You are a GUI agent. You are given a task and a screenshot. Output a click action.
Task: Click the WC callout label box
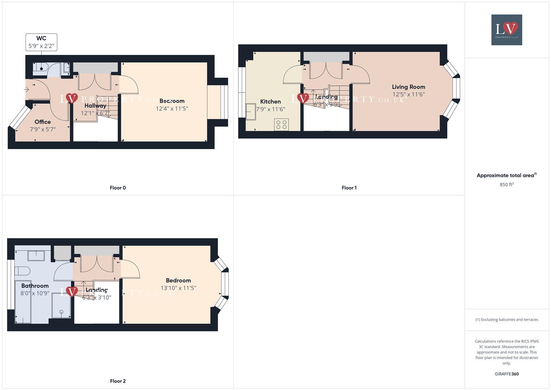click(x=41, y=42)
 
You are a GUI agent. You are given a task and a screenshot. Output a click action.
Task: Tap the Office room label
click(x=43, y=122)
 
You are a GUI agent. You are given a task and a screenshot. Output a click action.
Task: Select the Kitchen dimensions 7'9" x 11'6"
click(x=271, y=109)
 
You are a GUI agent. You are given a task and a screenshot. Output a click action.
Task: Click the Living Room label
click(x=408, y=87)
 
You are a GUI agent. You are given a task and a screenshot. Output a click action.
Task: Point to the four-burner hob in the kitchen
click(x=281, y=125)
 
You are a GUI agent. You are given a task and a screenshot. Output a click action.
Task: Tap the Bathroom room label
click(x=35, y=286)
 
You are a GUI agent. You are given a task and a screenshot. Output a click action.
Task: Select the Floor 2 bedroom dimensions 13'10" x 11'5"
click(x=178, y=288)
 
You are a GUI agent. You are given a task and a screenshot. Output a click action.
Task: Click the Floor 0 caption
click(x=118, y=188)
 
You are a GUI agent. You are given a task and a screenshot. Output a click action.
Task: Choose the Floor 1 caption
click(x=349, y=188)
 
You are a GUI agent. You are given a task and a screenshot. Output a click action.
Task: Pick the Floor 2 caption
click(x=118, y=381)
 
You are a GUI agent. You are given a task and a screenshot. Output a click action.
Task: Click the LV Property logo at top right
click(x=507, y=30)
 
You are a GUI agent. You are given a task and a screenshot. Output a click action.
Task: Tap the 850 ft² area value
click(x=507, y=185)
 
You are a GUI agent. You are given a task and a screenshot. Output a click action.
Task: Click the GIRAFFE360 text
click(x=507, y=374)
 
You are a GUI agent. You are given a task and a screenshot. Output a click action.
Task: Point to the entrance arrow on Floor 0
click(x=26, y=89)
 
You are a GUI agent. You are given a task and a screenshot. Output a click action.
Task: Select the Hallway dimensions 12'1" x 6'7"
click(x=95, y=113)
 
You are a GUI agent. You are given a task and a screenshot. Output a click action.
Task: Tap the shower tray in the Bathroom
click(x=61, y=305)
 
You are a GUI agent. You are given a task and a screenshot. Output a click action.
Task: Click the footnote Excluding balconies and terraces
click(x=507, y=320)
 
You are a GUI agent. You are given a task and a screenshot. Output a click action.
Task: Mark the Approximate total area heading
click(x=506, y=175)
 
